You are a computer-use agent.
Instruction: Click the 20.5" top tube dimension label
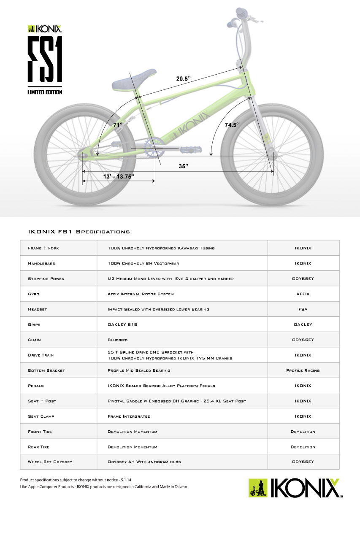tap(184, 78)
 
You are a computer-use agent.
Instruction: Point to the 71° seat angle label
tap(118, 125)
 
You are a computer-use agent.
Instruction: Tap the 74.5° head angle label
tap(231, 125)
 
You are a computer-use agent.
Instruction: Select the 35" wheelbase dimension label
tap(183, 166)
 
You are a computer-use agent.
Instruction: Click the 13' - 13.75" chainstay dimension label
tap(118, 177)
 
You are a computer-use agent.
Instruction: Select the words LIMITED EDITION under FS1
tap(45, 92)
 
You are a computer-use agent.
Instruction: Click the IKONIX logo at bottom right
tap(295, 488)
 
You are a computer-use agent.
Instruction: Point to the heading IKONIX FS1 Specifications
tap(78, 232)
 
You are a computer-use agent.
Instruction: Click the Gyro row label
tap(34, 294)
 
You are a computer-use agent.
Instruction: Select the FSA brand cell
tap(303, 309)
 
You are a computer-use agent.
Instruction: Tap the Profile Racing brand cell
tap(303, 370)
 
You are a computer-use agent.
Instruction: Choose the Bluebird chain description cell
tap(118, 340)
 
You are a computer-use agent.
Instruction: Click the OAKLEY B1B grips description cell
tap(123, 325)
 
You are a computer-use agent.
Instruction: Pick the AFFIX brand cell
tap(303, 294)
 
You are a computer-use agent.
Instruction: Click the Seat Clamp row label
tap(41, 416)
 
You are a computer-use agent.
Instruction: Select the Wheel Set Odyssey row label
tap(50, 462)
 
